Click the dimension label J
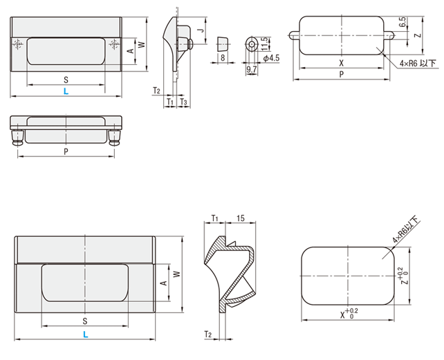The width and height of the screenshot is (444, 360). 198,30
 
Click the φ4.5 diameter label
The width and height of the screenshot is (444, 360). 272,59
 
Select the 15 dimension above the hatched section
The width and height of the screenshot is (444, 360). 240,219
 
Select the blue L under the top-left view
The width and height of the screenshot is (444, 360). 66,91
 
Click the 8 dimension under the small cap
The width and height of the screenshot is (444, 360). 223,59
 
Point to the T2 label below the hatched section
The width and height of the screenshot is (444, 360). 207,334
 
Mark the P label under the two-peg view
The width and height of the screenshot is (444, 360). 66,151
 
